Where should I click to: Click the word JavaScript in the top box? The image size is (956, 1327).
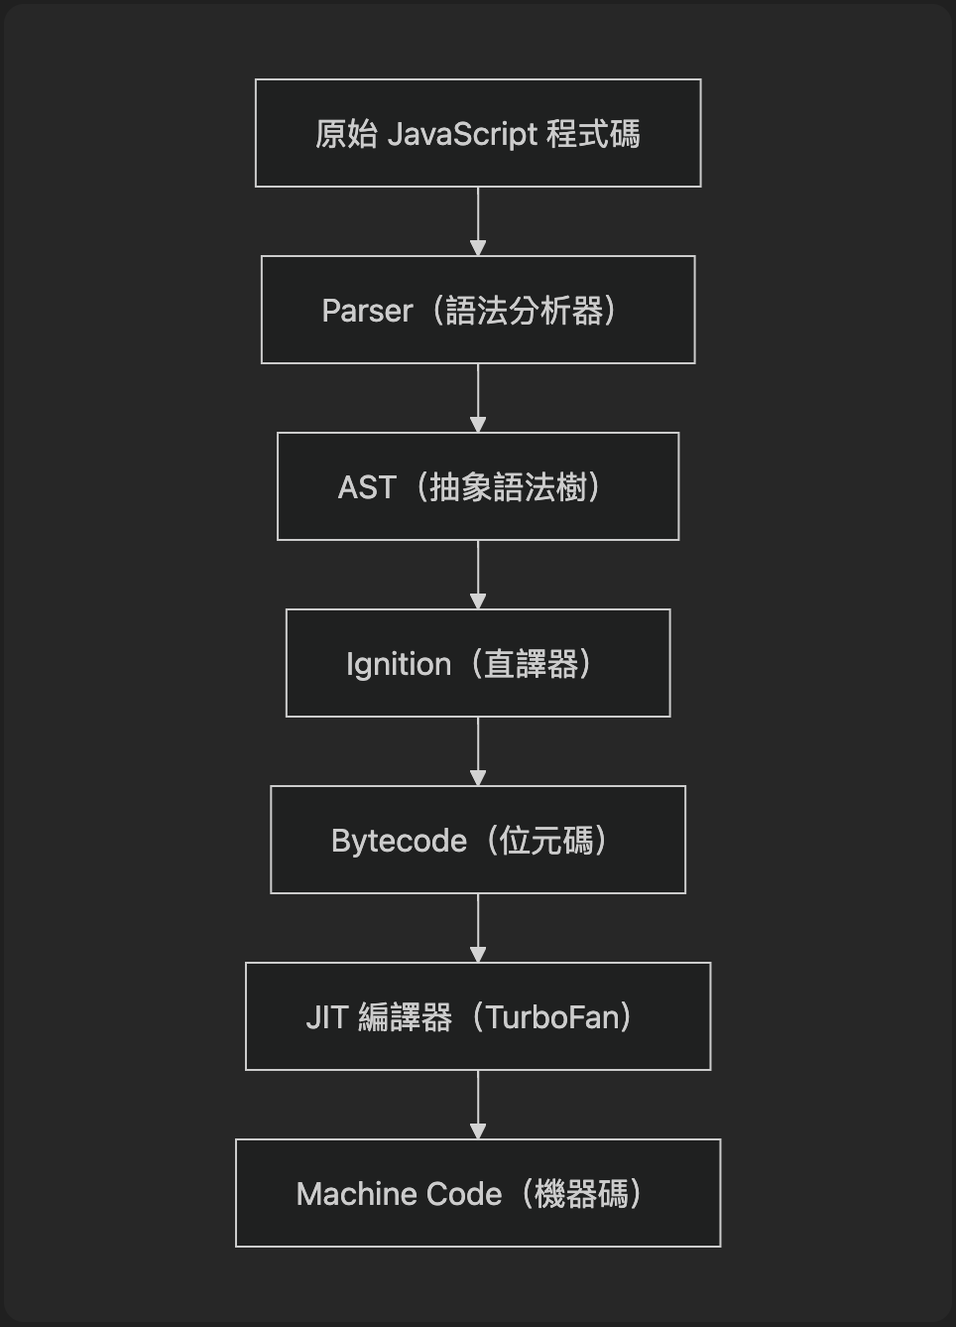pos(462,134)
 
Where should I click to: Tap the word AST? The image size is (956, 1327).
pos(367,487)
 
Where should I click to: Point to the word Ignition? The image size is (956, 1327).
pos(399,664)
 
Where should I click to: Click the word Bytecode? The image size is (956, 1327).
pos(399,841)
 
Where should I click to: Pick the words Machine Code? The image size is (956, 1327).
pos(399,1194)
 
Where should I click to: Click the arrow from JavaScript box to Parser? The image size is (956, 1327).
pos(478,220)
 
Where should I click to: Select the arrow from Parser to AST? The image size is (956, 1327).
pos(478,397)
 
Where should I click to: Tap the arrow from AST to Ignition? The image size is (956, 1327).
pos(478,574)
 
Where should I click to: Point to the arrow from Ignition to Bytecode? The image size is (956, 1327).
pos(478,750)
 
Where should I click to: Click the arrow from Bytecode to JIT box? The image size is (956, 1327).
pos(478,927)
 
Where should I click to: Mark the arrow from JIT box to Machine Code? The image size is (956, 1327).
pos(478,1104)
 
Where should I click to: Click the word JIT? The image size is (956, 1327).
pos(326,1017)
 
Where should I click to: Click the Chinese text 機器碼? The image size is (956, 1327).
pos(581,1194)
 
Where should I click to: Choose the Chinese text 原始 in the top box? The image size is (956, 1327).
pos(346,134)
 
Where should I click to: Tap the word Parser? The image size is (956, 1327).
pos(367,311)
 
